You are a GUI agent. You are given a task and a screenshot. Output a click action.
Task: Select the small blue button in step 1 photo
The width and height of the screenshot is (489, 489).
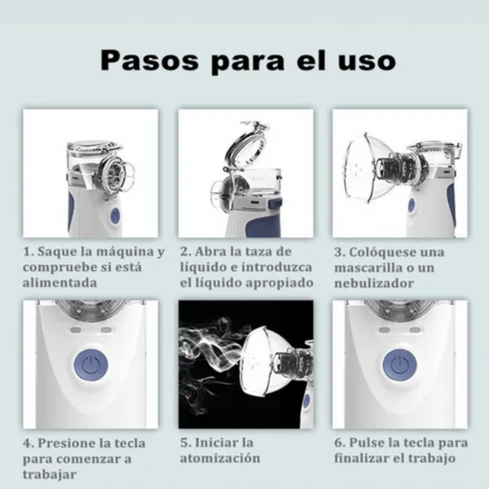point(114,215)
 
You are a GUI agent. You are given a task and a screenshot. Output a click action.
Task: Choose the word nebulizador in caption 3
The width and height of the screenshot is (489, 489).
point(375,282)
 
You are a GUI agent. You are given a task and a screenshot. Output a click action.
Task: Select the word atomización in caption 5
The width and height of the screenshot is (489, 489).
point(220,459)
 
